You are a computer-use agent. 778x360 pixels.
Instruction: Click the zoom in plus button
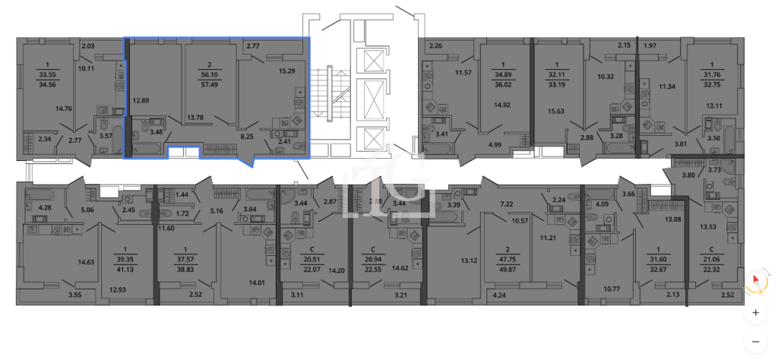(x=756, y=313)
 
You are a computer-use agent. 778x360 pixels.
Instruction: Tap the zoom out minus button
(x=756, y=341)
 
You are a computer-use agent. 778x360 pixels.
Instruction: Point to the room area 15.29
(x=286, y=71)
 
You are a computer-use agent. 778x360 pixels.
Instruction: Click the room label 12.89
(x=141, y=100)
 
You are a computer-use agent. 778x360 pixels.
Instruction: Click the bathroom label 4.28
(x=44, y=208)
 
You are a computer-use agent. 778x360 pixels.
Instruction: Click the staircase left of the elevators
(x=331, y=93)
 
